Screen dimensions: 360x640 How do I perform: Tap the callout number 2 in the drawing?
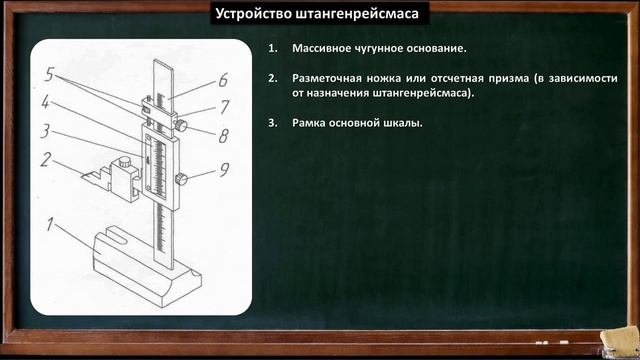pyautogui.click(x=46, y=158)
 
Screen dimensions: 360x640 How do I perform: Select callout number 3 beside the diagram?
pyautogui.click(x=45, y=130)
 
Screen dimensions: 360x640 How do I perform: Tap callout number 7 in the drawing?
pyautogui.click(x=225, y=105)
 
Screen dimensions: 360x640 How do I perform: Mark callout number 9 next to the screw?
pyautogui.click(x=224, y=170)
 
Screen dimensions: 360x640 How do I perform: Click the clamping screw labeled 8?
pyautogui.click(x=184, y=126)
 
